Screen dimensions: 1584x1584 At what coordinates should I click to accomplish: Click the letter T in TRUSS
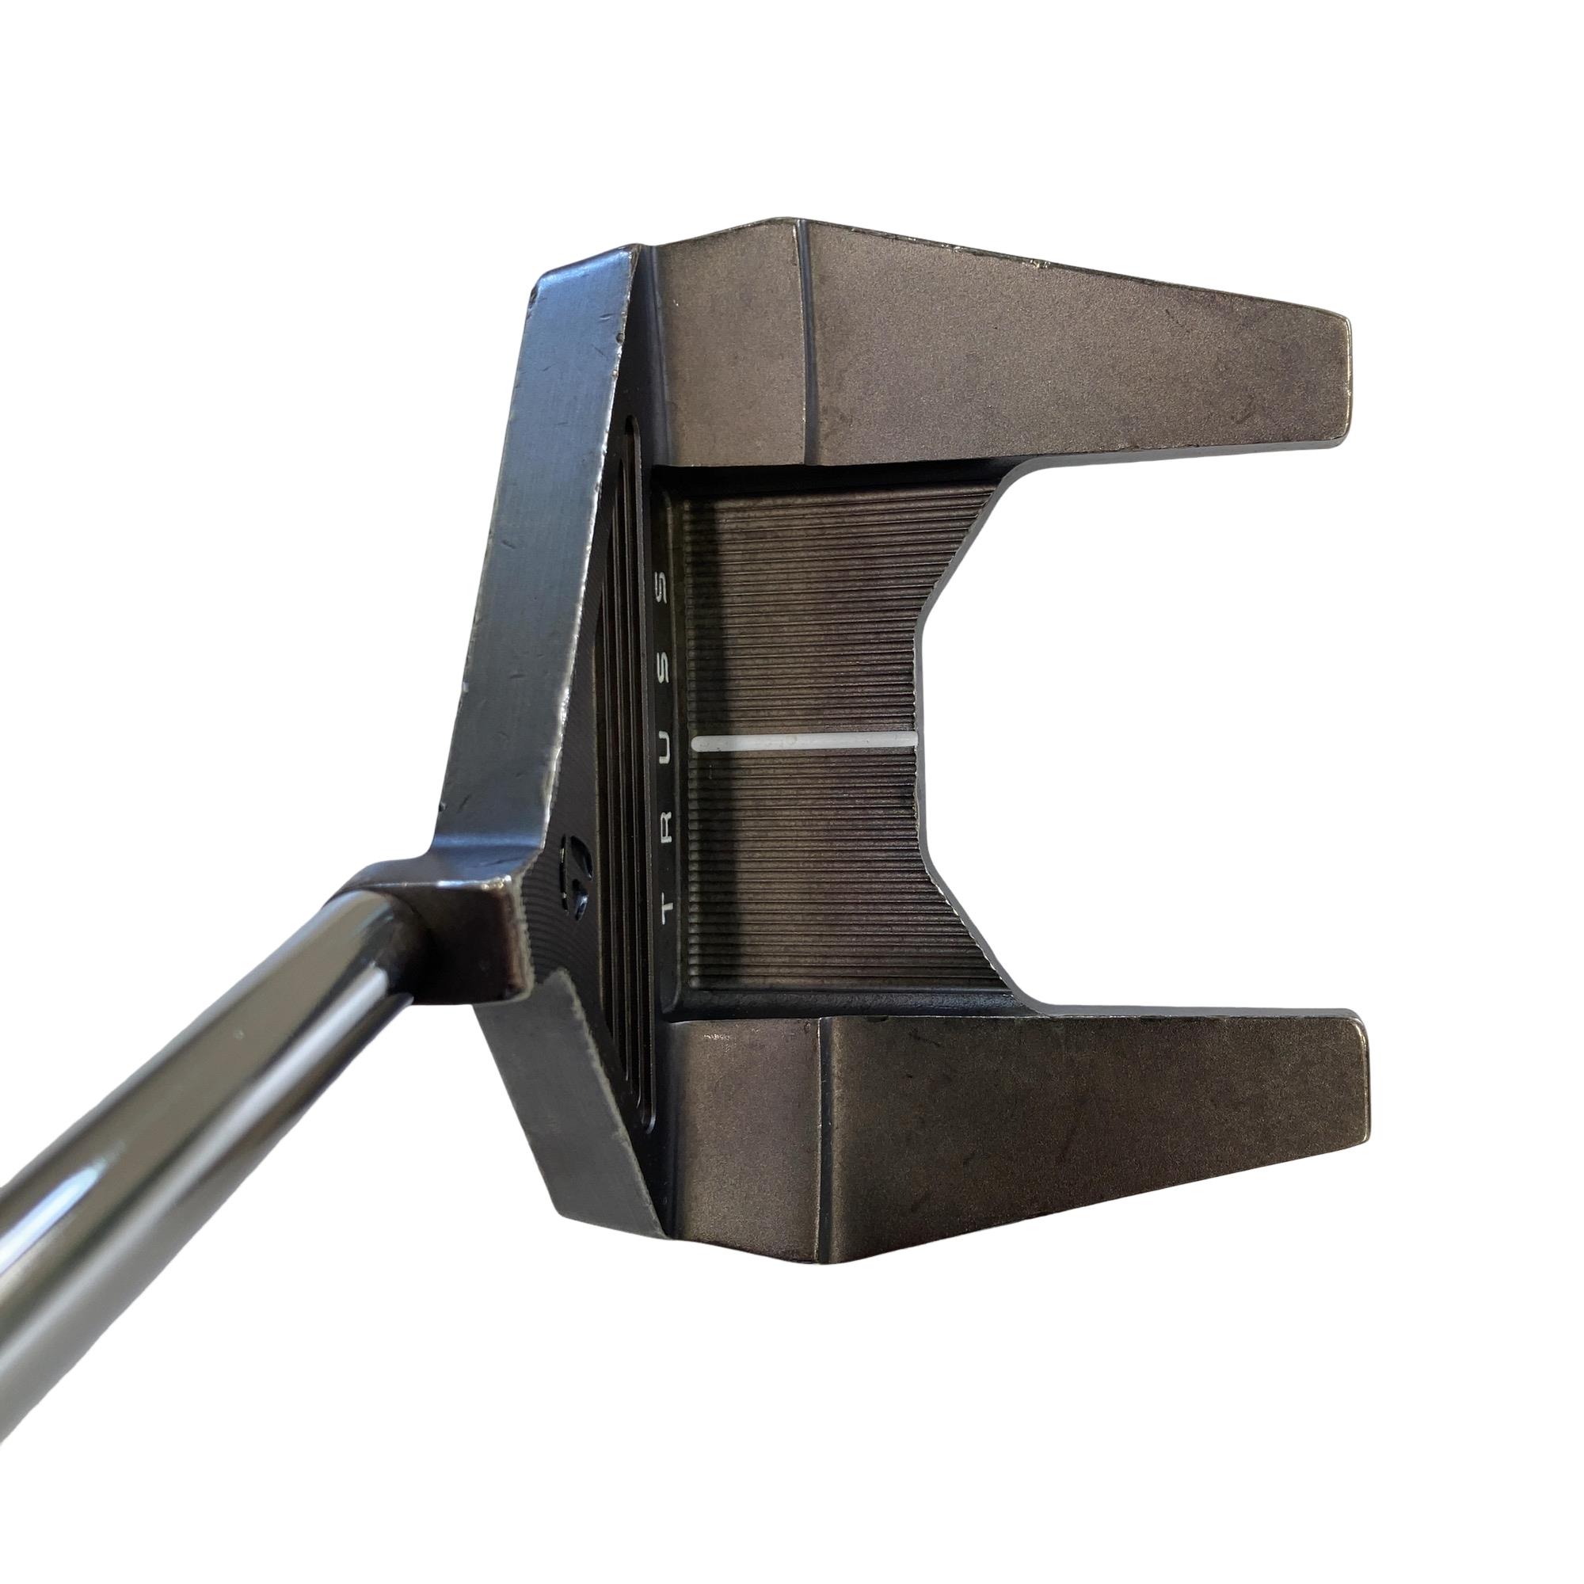667,908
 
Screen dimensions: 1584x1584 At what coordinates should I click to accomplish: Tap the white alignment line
805,742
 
